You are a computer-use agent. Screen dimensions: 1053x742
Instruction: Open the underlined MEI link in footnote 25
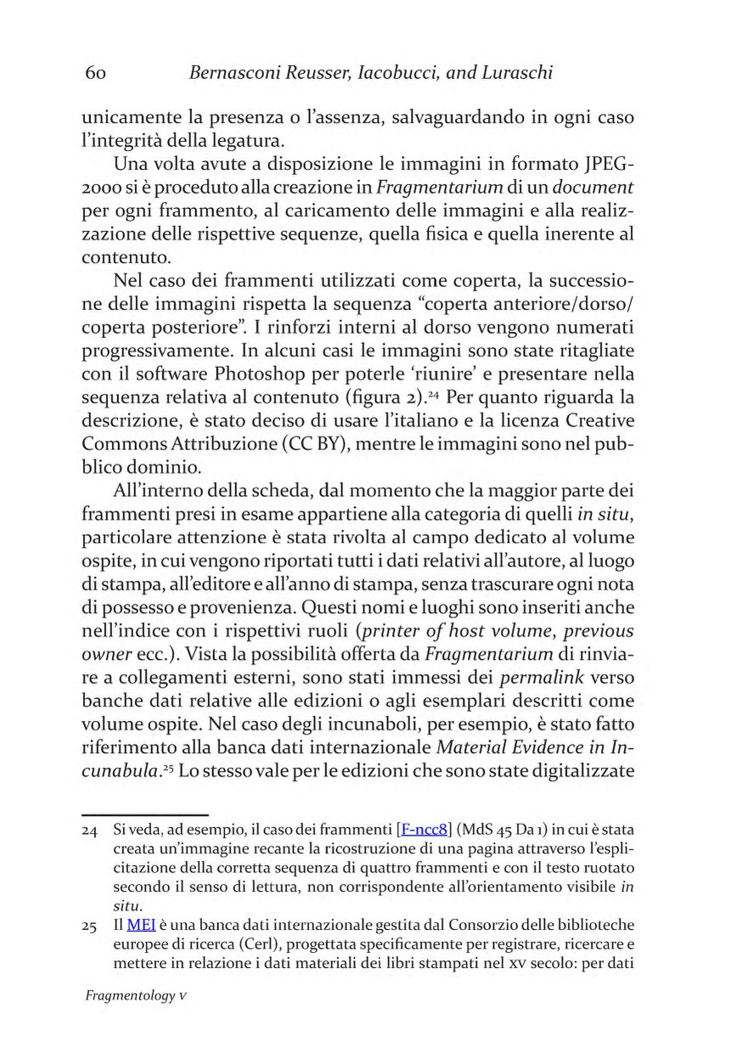(x=138, y=919)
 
